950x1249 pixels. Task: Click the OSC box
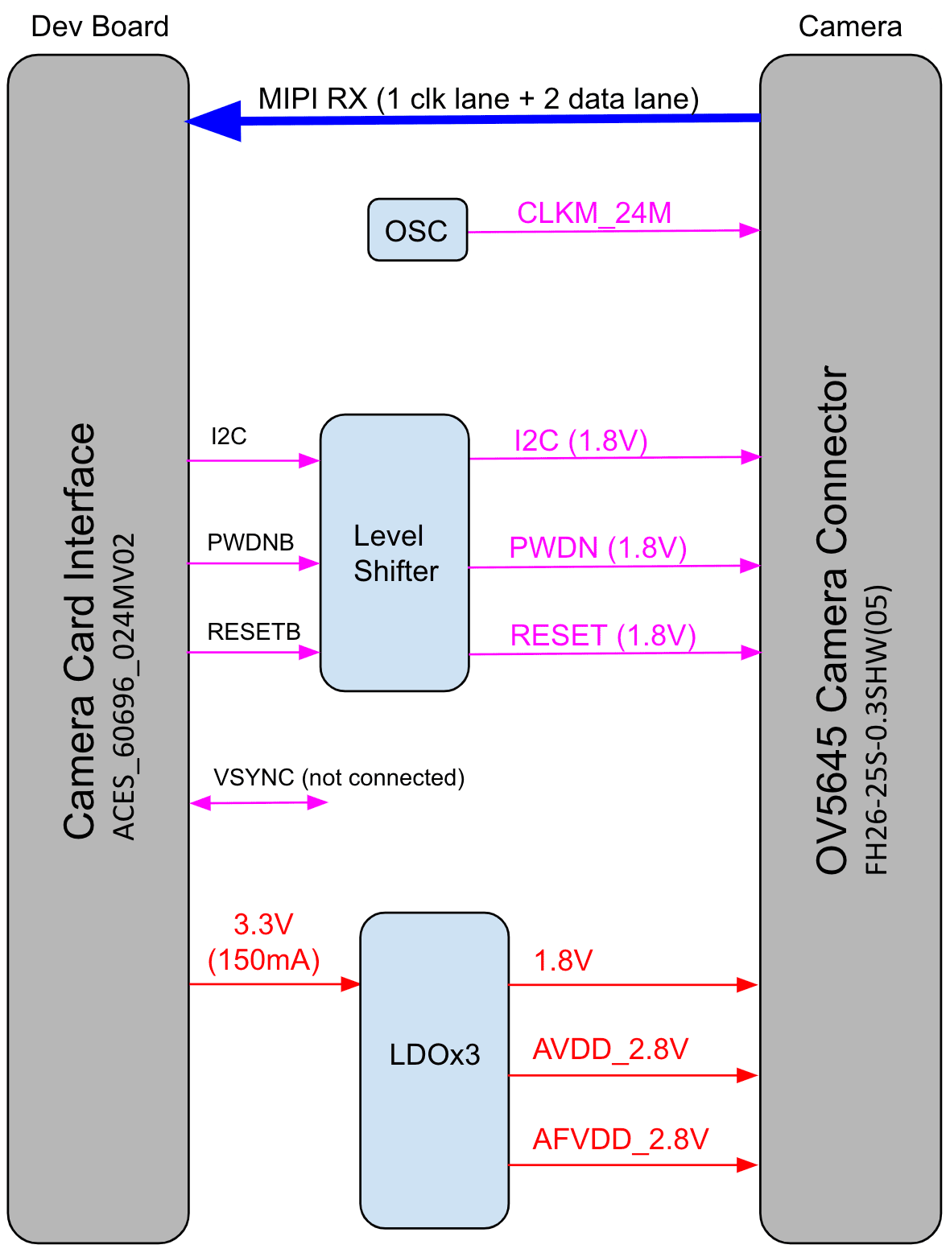coord(417,230)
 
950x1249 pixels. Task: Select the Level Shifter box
coord(394,553)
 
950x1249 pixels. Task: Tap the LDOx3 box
coord(434,1070)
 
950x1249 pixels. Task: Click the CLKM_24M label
coord(594,213)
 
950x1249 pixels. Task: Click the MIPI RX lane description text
coord(478,99)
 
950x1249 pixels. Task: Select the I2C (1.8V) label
coord(580,441)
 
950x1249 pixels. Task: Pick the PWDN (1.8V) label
coord(597,548)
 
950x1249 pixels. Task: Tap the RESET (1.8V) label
coord(602,636)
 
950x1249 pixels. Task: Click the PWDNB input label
coord(250,542)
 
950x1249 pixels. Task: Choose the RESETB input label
coord(254,632)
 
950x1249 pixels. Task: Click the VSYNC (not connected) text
coord(339,778)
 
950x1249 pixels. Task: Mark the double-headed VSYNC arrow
coord(258,802)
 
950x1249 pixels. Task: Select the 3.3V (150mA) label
coord(264,942)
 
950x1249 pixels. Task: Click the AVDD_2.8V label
coord(610,1049)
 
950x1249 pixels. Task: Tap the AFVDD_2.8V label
coord(620,1140)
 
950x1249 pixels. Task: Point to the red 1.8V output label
coord(563,961)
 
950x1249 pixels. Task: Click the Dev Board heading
coord(100,27)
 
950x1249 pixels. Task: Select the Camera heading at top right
coord(849,27)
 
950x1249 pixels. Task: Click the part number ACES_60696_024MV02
coord(124,686)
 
